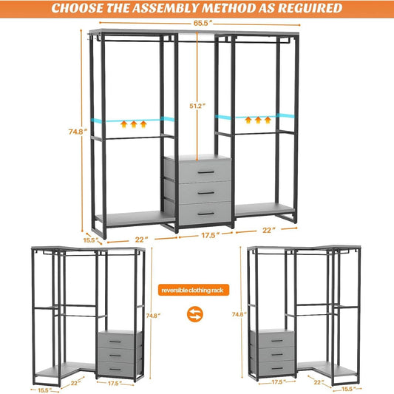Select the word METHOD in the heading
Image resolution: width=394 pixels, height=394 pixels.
(240, 9)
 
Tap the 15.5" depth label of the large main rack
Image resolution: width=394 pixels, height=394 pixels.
(89, 240)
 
